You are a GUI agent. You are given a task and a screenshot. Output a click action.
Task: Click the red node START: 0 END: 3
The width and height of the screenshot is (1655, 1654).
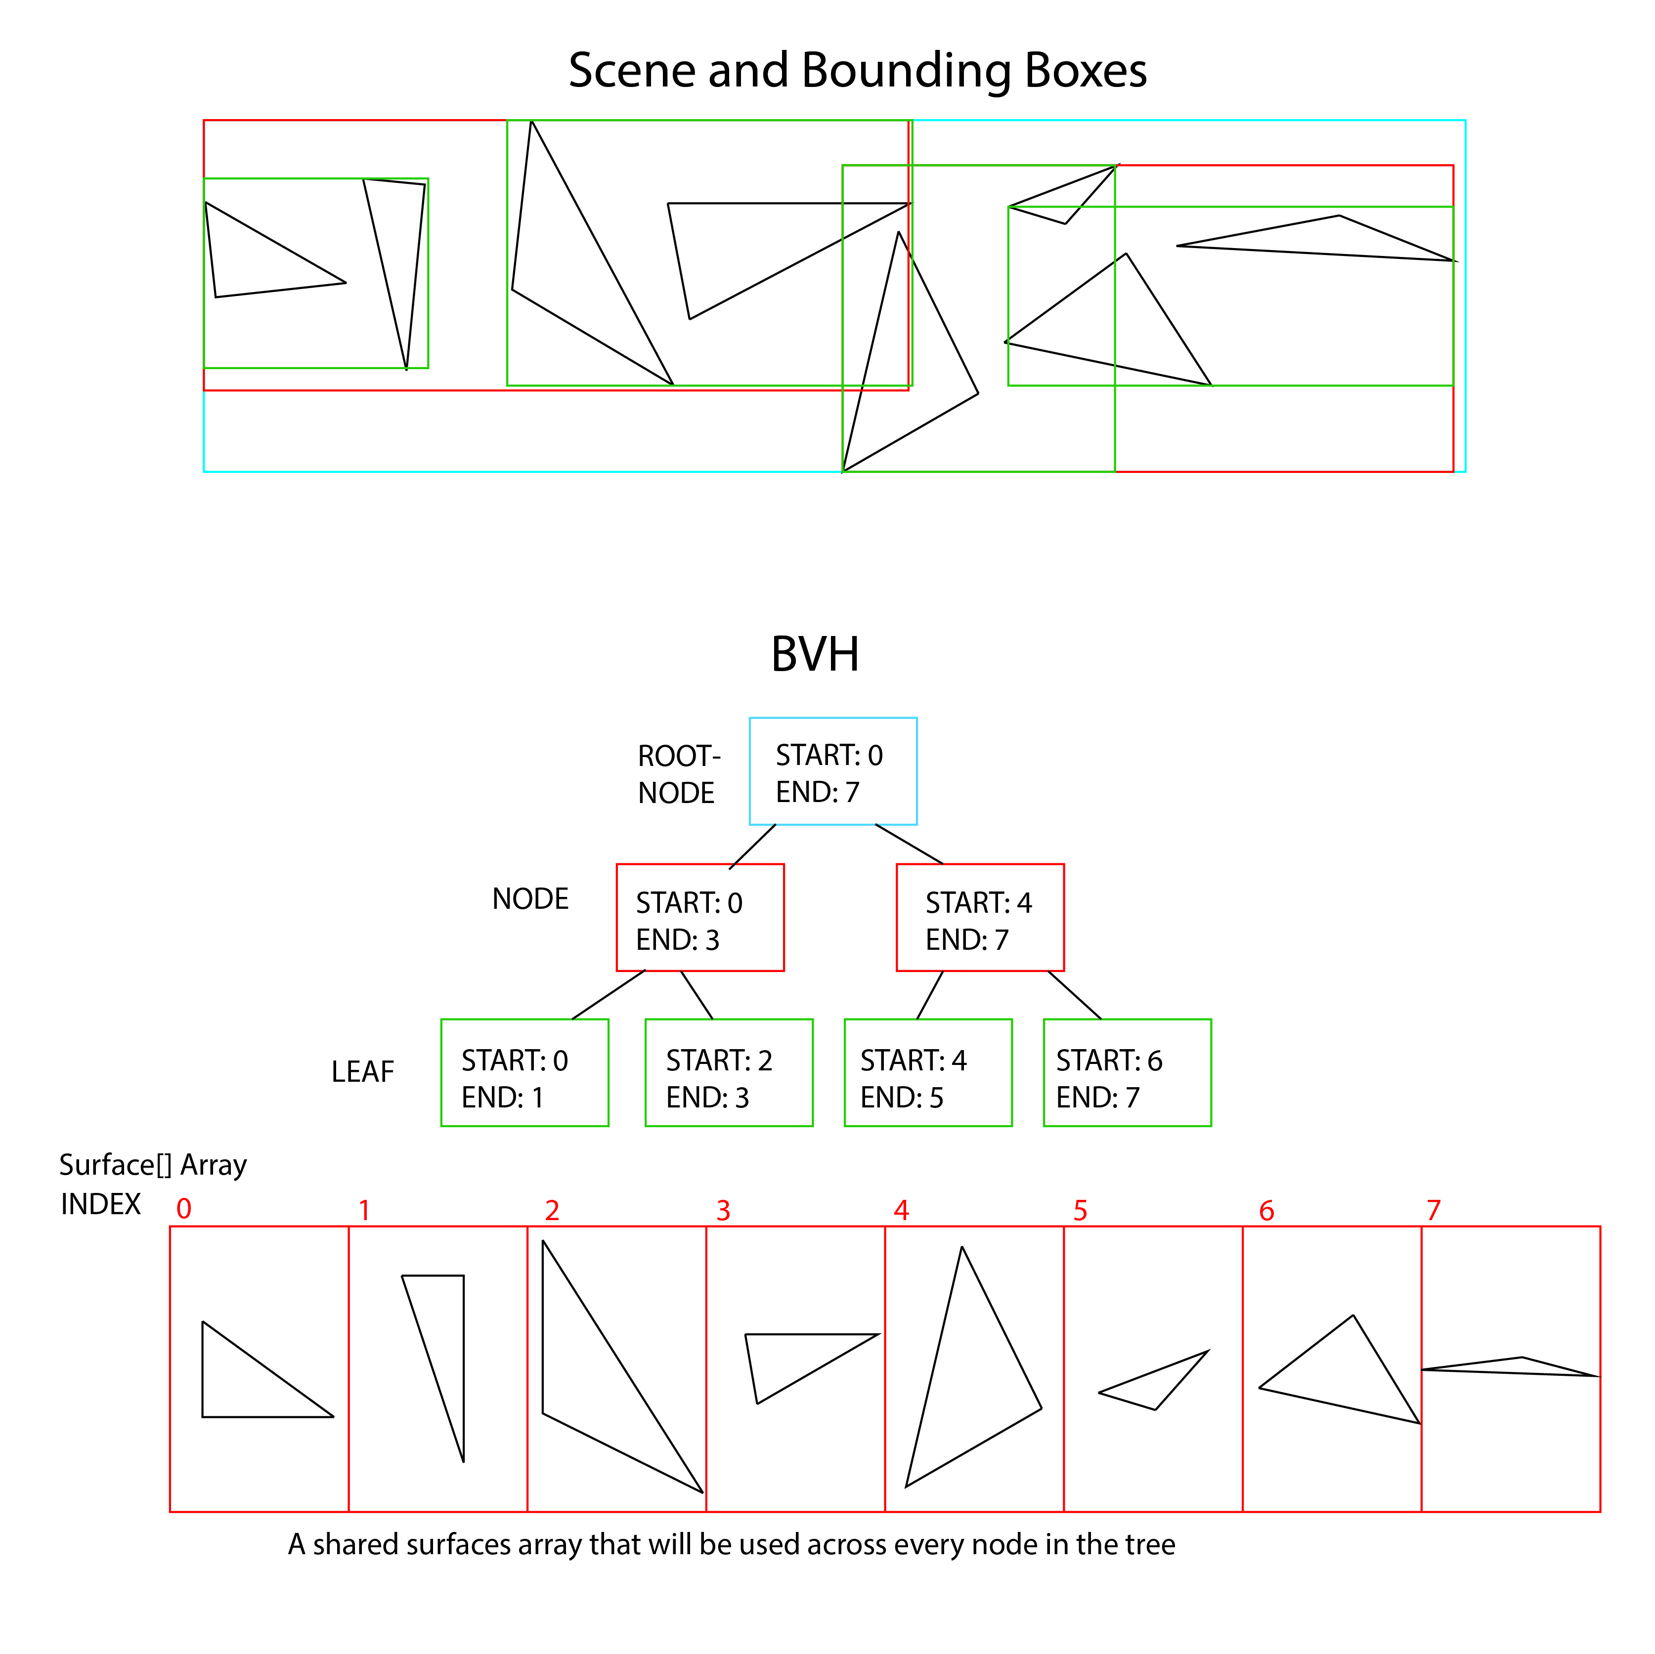pos(700,917)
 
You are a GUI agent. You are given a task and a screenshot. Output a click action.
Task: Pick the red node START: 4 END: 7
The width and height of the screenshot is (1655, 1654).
pos(980,917)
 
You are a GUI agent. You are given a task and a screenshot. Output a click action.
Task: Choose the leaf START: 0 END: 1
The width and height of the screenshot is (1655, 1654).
pos(524,1072)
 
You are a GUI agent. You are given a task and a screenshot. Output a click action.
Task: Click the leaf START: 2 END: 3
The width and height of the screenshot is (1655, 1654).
pos(728,1072)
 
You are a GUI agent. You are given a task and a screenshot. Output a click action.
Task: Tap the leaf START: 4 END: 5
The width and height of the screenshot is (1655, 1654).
pos(928,1072)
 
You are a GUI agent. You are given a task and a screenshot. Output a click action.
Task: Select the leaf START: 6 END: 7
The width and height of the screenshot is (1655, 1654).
pos(1128,1072)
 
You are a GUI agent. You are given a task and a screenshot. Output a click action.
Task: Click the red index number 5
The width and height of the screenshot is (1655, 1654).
pos(1080,1210)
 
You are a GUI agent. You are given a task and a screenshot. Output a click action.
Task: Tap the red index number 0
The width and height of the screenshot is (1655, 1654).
pos(183,1209)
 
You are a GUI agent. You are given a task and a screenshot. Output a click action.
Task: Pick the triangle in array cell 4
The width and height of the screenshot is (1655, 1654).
pos(968,1379)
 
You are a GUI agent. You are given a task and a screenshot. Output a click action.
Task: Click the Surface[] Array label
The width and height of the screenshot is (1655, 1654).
pos(152,1165)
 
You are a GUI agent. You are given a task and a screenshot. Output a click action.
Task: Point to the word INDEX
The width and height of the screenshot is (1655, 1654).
pos(100,1204)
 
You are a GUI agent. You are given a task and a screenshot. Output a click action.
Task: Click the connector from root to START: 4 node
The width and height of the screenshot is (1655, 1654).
pos(909,844)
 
